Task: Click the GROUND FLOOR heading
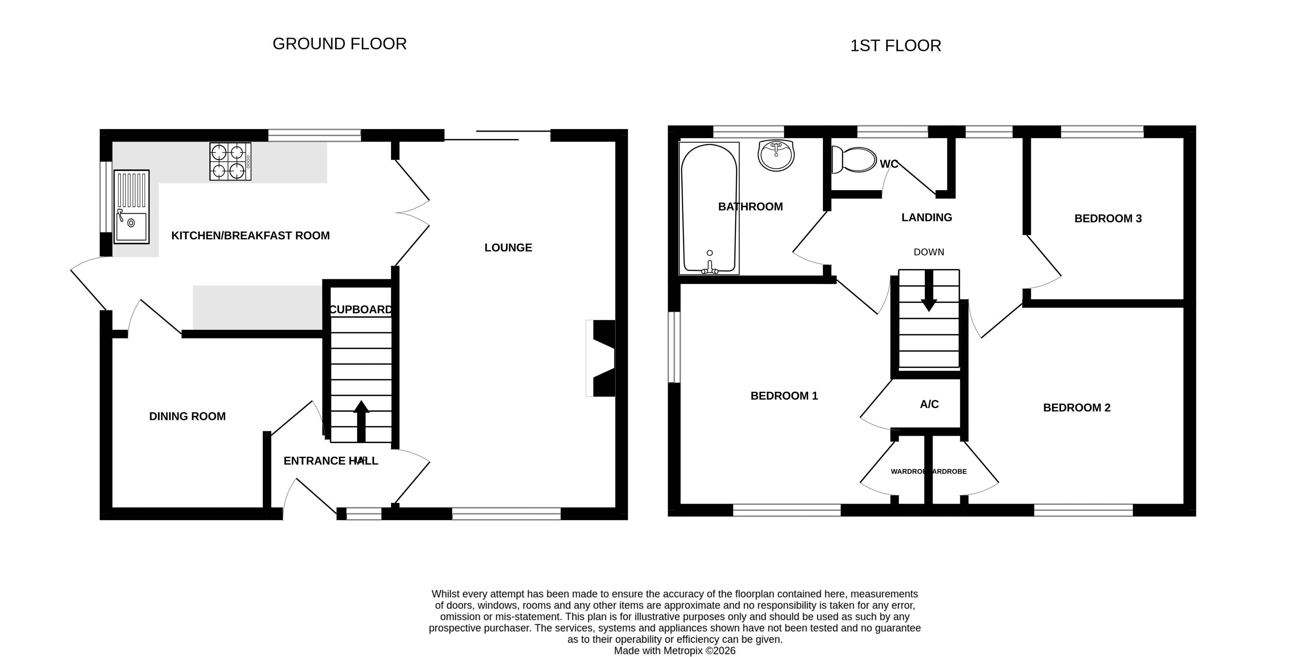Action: pyautogui.click(x=340, y=44)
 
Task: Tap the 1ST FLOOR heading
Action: pyautogui.click(x=895, y=46)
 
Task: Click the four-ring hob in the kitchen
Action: pyautogui.click(x=230, y=162)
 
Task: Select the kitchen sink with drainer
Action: pyautogui.click(x=132, y=207)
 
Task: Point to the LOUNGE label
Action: pyautogui.click(x=508, y=248)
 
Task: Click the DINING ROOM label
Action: pyautogui.click(x=187, y=416)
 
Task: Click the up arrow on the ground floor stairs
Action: pyautogui.click(x=361, y=421)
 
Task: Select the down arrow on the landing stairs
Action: pyautogui.click(x=929, y=290)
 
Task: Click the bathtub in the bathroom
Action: pyautogui.click(x=709, y=208)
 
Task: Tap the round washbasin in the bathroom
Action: pyautogui.click(x=776, y=155)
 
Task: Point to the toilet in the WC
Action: pyautogui.click(x=854, y=159)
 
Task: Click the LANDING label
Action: pyautogui.click(x=927, y=217)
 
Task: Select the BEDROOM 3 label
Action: pyautogui.click(x=1108, y=218)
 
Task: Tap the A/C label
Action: pyautogui.click(x=929, y=404)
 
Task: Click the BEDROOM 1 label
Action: pyautogui.click(x=784, y=396)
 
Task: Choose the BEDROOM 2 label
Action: pyautogui.click(x=1077, y=407)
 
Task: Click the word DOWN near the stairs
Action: pyautogui.click(x=929, y=252)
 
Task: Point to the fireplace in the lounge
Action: pyautogui.click(x=601, y=358)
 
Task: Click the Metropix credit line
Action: pyautogui.click(x=675, y=650)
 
